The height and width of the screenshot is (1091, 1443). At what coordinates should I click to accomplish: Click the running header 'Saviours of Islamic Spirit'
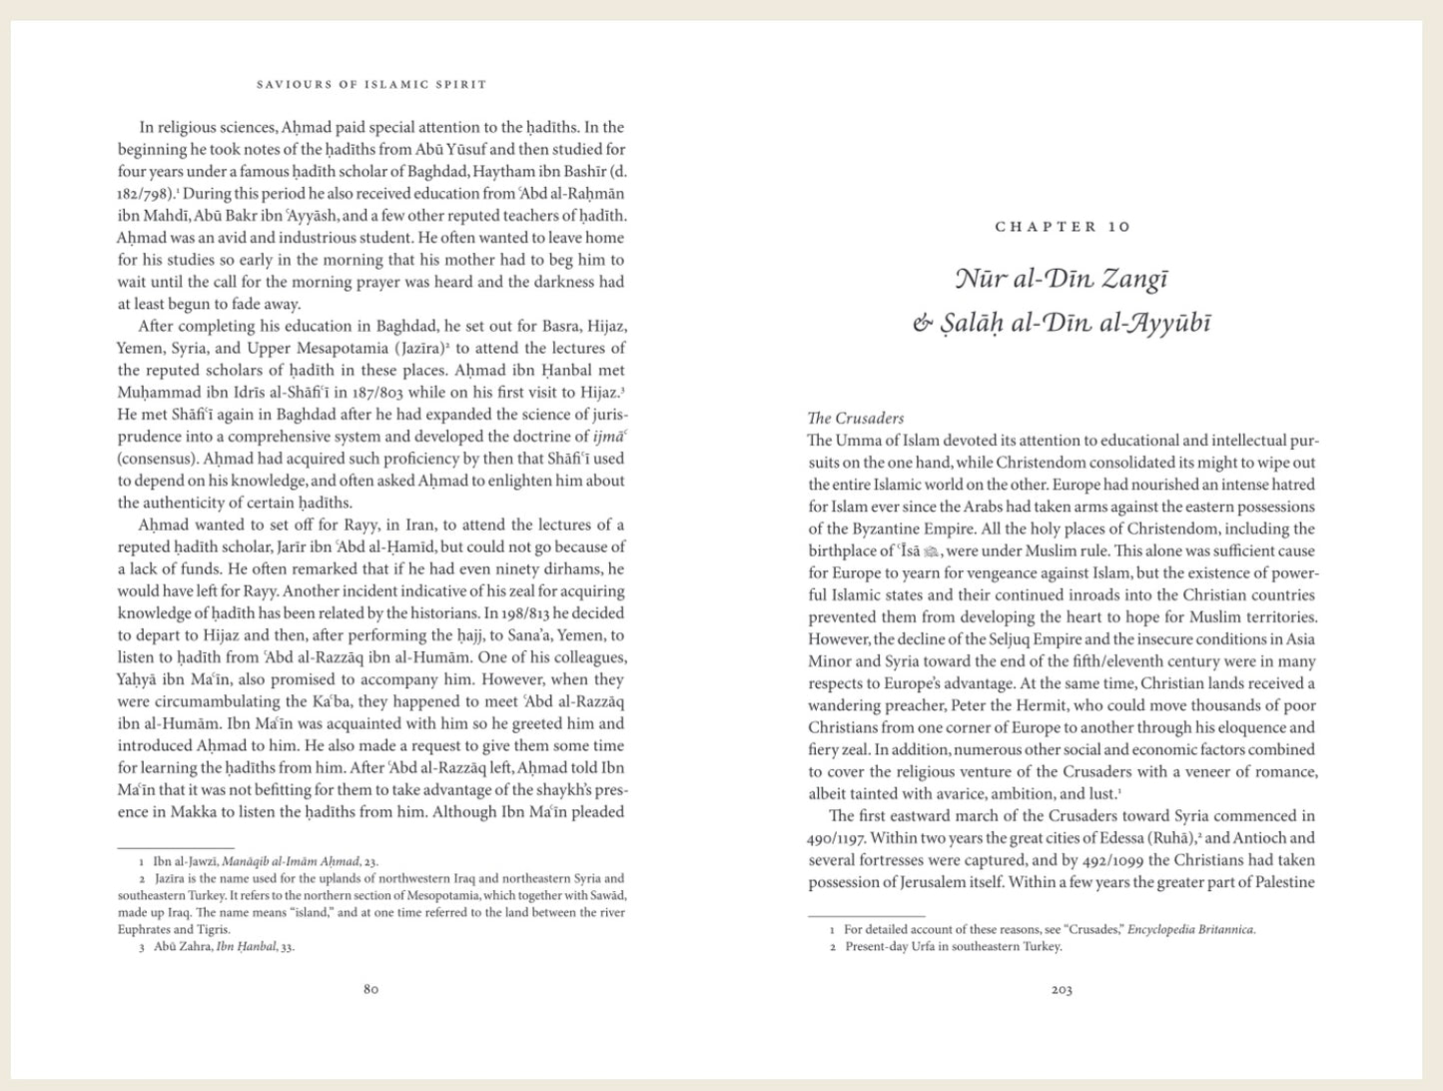click(371, 85)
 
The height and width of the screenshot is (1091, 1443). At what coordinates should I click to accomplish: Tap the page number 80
click(370, 989)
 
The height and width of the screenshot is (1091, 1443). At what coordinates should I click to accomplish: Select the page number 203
click(1062, 989)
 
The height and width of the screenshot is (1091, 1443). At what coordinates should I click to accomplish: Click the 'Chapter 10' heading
click(1063, 227)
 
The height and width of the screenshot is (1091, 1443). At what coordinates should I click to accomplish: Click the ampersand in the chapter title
click(923, 324)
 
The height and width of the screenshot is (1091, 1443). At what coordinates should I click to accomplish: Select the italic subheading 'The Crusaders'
click(855, 419)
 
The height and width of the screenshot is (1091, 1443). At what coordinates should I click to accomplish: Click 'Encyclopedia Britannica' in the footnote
click(1190, 929)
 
